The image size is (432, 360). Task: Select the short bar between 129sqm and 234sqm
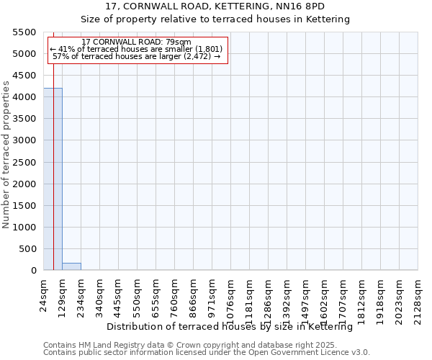71,266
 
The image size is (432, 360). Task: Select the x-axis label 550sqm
138,294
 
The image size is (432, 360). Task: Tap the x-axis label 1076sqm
231,296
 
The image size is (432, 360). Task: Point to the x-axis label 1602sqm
325,296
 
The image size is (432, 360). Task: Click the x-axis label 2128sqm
418,296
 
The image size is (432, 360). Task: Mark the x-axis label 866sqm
194,294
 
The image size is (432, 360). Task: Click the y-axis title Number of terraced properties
6,155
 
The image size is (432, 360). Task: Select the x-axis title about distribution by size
234,327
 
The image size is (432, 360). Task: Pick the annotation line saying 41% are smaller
137,49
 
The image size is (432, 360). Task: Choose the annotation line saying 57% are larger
137,56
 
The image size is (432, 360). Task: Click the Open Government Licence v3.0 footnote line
207,353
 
